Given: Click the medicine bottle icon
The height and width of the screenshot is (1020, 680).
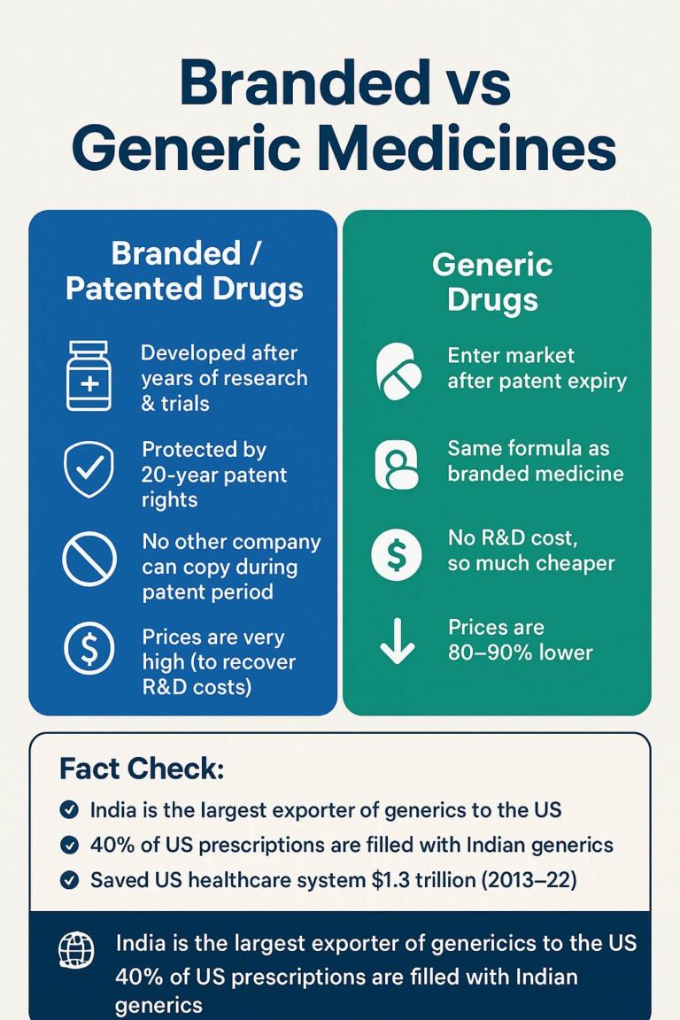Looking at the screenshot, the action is (x=89, y=375).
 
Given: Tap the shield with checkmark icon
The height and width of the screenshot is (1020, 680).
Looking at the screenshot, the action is (x=89, y=468).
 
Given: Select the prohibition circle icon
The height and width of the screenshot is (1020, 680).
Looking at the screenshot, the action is (x=89, y=559).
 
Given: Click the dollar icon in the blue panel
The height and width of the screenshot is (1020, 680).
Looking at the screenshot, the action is (x=89, y=648).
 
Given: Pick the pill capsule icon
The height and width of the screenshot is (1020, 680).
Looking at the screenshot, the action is (x=398, y=371).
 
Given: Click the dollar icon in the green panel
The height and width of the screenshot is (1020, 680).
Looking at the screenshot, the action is (x=397, y=555).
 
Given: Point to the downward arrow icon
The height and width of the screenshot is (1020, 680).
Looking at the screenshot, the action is (x=397, y=641).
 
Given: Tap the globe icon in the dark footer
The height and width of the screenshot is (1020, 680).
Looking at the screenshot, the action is (x=76, y=949).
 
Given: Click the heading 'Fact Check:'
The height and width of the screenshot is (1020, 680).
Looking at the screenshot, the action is (x=142, y=769).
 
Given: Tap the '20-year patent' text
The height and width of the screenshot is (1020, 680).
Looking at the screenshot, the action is (x=214, y=475).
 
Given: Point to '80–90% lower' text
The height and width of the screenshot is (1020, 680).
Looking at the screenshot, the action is (x=520, y=653).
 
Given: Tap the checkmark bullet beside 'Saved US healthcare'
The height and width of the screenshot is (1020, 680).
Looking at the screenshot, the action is (x=69, y=880).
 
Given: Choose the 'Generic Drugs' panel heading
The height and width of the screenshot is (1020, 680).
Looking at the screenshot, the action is (x=492, y=282).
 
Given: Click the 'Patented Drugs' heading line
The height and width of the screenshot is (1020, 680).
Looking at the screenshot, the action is (x=184, y=288).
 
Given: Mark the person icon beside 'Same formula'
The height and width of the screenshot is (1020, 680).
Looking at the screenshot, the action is (x=397, y=465).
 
